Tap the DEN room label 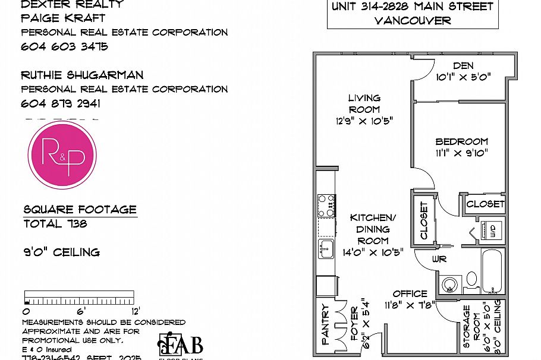[463, 66]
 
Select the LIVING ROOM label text [364, 103]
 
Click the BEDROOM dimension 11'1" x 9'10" [461, 153]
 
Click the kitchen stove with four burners [326, 206]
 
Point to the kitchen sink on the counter [326, 248]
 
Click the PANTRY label [325, 325]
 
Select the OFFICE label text [410, 293]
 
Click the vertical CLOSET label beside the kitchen [424, 220]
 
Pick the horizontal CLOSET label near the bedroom [485, 204]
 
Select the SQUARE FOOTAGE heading [80, 210]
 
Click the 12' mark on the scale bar [135, 310]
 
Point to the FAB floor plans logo [181, 346]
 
